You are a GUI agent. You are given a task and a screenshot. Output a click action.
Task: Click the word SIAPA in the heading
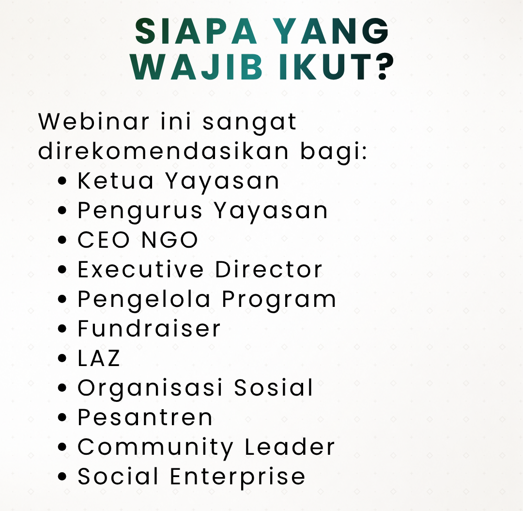196,31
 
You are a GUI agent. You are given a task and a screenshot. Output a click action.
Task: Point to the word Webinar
94,121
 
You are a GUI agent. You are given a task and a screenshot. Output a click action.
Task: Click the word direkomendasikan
163,151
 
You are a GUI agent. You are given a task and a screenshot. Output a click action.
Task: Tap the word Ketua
115,181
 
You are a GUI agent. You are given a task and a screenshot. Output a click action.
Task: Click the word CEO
104,240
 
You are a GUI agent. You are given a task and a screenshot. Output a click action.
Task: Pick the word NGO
170,240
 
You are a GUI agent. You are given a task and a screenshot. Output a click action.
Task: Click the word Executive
140,269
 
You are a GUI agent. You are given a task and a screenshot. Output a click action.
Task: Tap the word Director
269,269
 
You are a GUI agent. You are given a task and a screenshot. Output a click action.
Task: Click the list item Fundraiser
149,328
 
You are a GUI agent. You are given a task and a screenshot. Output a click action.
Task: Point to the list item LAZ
99,358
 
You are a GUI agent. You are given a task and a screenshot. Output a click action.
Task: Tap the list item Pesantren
145,417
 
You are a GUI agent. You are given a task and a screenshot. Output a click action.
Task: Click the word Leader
290,447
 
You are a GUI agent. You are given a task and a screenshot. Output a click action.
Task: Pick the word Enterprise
237,477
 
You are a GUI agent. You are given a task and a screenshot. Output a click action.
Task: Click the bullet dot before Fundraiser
62,329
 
